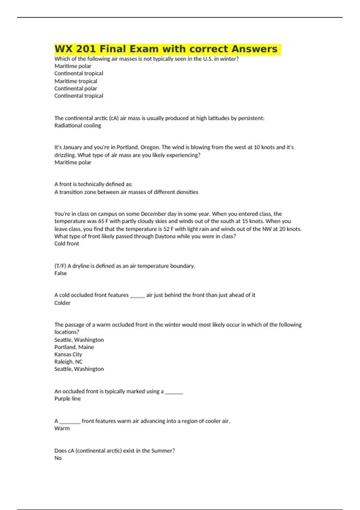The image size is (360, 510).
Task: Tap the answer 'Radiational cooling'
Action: click(x=78, y=125)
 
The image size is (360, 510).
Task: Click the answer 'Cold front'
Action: click(x=67, y=244)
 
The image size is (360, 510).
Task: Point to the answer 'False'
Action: click(x=60, y=273)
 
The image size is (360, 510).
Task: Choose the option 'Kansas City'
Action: click(x=68, y=354)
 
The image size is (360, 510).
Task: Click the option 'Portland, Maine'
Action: click(x=74, y=347)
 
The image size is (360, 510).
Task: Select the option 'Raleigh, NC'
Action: click(x=68, y=362)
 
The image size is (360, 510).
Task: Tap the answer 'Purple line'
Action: click(x=67, y=399)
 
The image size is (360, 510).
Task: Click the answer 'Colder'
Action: click(x=62, y=303)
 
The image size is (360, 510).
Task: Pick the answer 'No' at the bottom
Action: click(x=58, y=458)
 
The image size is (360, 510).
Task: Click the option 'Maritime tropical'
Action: click(x=76, y=81)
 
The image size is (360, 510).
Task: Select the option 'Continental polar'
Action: click(x=76, y=88)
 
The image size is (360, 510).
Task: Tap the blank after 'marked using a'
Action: click(x=174, y=392)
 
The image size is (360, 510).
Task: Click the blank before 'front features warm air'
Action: click(x=70, y=422)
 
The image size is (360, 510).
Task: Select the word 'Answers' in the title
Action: click(x=254, y=49)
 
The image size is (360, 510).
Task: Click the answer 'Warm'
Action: click(x=62, y=428)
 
